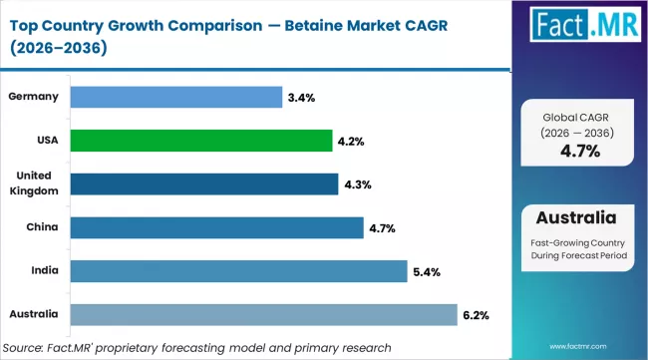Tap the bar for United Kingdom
click(205, 184)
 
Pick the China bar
click(217, 228)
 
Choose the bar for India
click(240, 271)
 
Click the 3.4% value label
click(300, 98)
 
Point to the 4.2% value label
click(351, 142)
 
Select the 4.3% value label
click(357, 184)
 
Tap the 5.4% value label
click(426, 272)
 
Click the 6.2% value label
click(476, 315)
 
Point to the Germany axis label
click(33, 97)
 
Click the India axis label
click(43, 271)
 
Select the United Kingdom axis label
click(34, 183)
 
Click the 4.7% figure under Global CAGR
click(579, 152)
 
